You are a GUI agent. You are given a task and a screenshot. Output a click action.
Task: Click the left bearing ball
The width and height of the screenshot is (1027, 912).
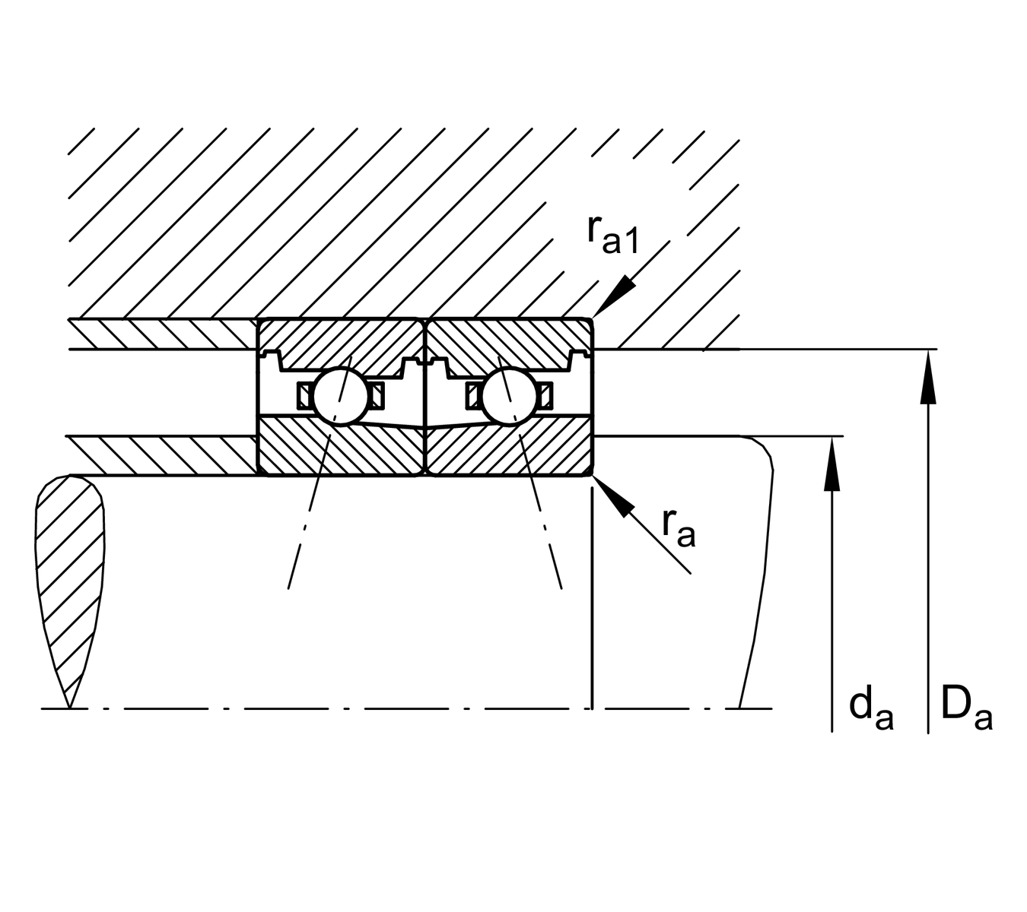click(x=340, y=395)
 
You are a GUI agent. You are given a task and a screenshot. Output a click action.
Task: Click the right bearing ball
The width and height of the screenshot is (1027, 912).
click(x=508, y=395)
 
